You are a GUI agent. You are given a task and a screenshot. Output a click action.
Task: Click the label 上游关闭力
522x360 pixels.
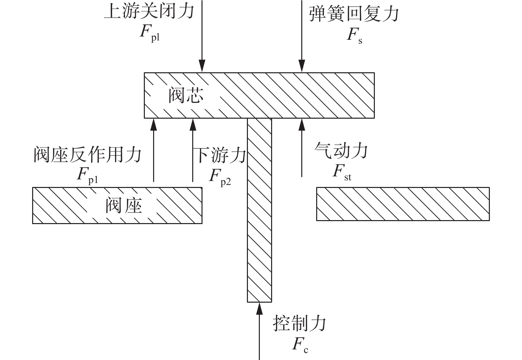(x=149, y=11)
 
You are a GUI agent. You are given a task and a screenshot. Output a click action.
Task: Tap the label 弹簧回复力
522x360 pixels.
(x=354, y=14)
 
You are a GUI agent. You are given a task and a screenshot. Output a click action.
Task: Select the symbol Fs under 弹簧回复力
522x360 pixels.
(x=354, y=36)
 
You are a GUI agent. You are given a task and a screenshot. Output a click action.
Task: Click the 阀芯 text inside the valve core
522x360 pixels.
(x=186, y=95)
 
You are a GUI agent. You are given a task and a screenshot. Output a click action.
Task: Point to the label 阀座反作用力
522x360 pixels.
(x=87, y=154)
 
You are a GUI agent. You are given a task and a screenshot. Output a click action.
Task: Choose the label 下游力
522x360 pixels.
(x=221, y=155)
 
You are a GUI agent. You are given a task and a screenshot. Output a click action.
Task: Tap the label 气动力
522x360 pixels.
(x=341, y=150)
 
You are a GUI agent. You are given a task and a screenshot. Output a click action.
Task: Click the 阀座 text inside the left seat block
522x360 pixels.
(x=124, y=205)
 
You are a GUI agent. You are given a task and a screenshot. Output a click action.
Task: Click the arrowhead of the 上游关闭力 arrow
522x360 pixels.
(x=202, y=66)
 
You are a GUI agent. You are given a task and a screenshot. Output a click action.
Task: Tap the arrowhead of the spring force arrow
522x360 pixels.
(x=302, y=66)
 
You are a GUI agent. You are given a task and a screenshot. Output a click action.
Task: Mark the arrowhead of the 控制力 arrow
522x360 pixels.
(x=259, y=309)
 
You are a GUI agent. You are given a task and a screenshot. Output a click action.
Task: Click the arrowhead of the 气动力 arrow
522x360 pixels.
(x=302, y=125)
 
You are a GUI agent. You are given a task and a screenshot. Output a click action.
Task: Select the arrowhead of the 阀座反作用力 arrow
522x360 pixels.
(x=153, y=125)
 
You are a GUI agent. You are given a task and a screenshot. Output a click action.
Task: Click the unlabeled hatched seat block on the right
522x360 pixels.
(x=403, y=204)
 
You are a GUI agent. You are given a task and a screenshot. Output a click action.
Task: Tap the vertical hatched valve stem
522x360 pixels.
(x=260, y=210)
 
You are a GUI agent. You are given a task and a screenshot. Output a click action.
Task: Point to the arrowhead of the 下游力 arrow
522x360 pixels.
(x=193, y=125)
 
